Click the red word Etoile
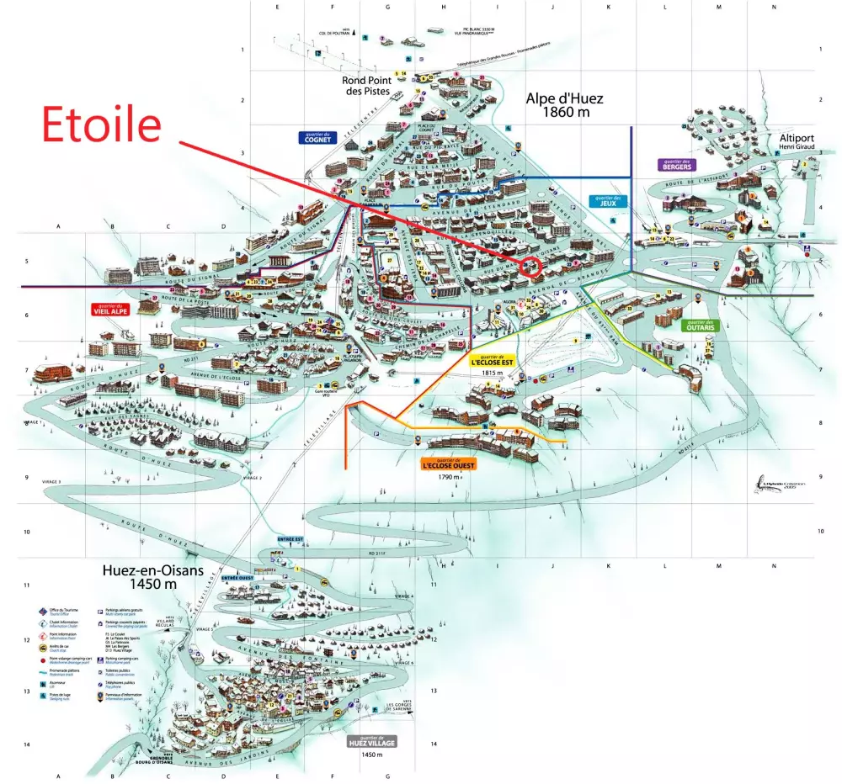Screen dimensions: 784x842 coord(101,125)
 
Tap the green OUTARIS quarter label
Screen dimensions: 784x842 coord(699,325)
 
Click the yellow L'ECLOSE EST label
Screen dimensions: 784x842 coord(492,361)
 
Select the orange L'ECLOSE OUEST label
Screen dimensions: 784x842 coord(446,463)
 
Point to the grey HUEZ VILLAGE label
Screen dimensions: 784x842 coord(371,742)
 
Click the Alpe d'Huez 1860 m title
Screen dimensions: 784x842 coord(565,104)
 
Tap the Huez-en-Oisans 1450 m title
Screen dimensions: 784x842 coord(153,576)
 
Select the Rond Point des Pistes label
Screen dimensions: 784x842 coord(365,86)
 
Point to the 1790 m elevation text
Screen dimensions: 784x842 coord(449,477)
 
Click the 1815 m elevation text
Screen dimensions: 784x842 coord(493,373)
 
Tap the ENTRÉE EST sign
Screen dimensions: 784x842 coord(289,538)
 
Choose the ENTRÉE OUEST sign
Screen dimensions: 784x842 coord(237,578)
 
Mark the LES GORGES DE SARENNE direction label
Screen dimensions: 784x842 coord(400,707)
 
